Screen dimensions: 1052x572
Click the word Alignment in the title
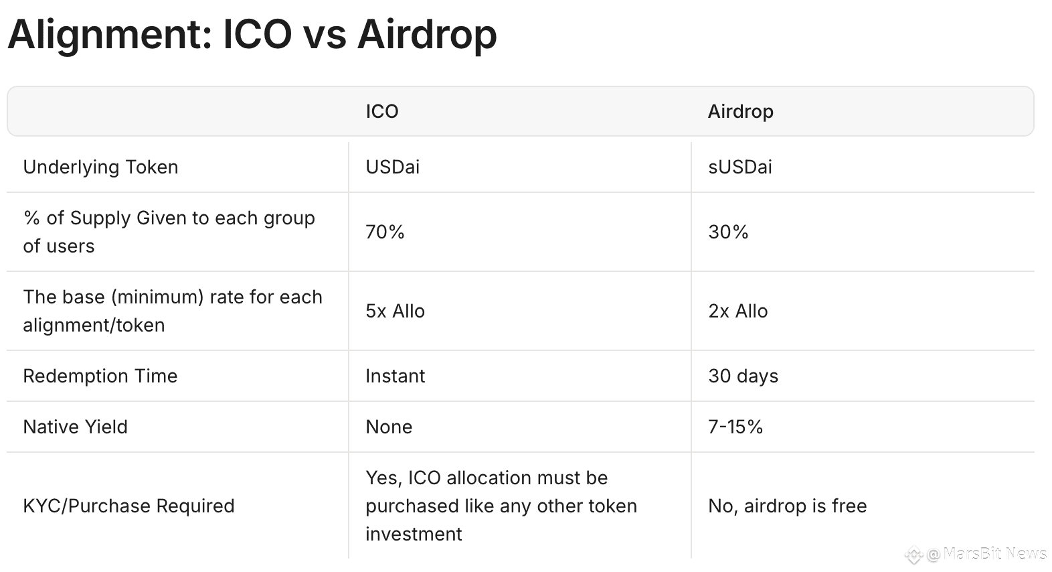[110, 35]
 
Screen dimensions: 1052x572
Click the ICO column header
[382, 111]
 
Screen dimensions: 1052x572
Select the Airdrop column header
[741, 112]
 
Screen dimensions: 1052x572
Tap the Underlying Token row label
[100, 167]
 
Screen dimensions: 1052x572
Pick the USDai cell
[393, 167]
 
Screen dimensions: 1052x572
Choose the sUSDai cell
[740, 167]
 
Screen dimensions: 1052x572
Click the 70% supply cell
[385, 232]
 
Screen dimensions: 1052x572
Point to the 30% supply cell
[728, 232]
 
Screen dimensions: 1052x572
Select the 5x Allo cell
[396, 311]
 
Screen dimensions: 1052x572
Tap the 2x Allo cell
[738, 311]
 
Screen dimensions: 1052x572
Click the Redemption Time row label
[100, 376]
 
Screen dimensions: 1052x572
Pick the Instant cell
[396, 376]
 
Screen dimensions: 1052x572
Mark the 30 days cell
[743, 376]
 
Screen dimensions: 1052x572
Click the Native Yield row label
[75, 427]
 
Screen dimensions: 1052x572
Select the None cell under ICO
[389, 427]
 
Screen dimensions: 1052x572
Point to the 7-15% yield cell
[735, 427]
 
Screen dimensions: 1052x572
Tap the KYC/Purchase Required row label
[128, 506]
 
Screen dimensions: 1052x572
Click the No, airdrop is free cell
[788, 506]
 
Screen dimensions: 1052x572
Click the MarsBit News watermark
[977, 555]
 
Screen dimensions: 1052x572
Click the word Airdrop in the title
[427, 35]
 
